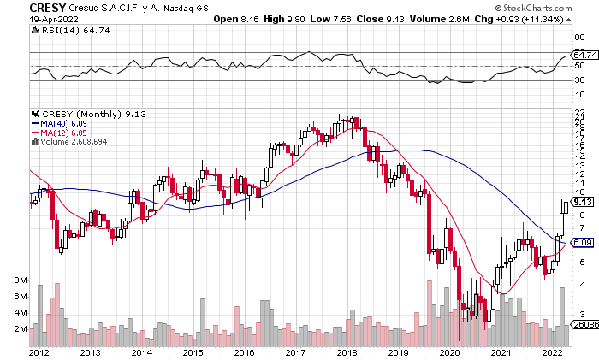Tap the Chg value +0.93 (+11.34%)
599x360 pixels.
(x=545, y=19)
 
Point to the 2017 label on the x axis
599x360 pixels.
(x=296, y=352)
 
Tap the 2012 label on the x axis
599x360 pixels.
(x=38, y=352)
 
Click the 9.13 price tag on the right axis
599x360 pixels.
(x=583, y=202)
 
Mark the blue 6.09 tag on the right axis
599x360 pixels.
(x=583, y=243)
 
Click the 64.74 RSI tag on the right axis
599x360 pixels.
(x=583, y=56)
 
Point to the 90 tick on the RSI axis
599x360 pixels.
(x=578, y=38)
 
